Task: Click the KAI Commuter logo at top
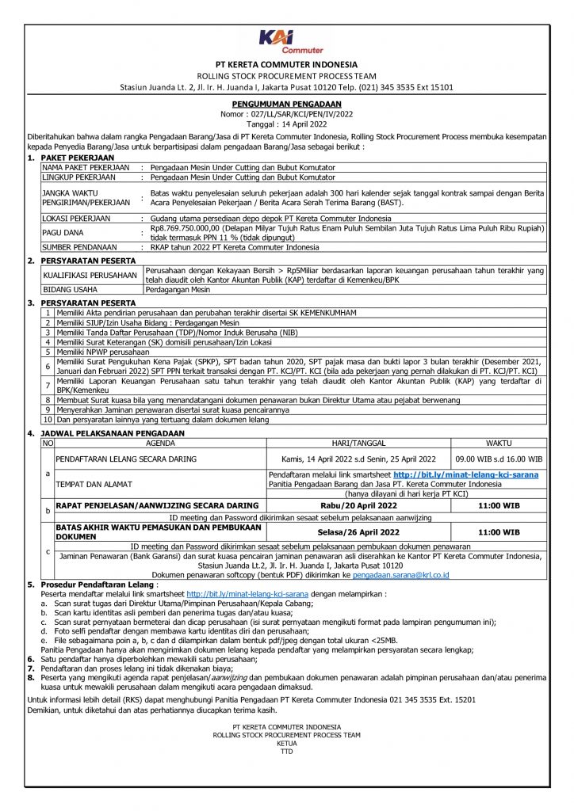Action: point(286,40)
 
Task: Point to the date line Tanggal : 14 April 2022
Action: point(286,124)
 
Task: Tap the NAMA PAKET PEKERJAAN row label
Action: point(85,168)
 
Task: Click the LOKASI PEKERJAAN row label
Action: point(76,218)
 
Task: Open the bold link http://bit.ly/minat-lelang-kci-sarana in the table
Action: point(461,474)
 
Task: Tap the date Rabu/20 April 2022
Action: point(358,504)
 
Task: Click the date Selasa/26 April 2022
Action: point(358,532)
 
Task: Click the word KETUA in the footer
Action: point(286,744)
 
